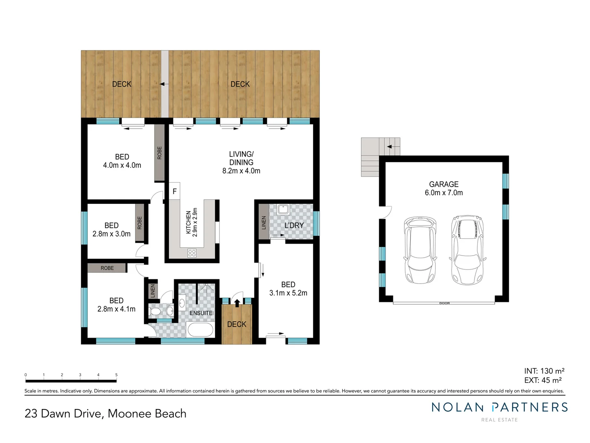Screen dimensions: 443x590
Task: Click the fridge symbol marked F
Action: [x=175, y=191]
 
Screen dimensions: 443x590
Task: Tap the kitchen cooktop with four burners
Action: [x=192, y=253]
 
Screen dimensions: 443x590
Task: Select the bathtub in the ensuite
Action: [x=200, y=329]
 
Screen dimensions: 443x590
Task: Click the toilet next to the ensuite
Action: [x=156, y=312]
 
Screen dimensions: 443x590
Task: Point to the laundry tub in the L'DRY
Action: [x=283, y=210]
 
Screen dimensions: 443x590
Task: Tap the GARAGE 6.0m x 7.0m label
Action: [x=444, y=189]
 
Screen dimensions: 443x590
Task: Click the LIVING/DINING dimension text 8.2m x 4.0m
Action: [x=241, y=171]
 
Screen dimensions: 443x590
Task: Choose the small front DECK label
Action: [x=237, y=324]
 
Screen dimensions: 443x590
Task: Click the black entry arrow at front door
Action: [x=237, y=303]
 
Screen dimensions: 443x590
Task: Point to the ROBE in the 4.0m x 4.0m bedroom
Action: [x=159, y=153]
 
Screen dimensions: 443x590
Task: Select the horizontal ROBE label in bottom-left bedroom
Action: [x=107, y=268]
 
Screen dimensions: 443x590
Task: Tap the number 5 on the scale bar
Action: [x=116, y=375]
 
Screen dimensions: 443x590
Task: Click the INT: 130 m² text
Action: [x=544, y=371]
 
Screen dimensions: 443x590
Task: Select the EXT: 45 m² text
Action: [x=543, y=380]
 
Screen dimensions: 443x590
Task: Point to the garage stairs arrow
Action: [x=393, y=146]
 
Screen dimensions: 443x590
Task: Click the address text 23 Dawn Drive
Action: [x=63, y=413]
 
